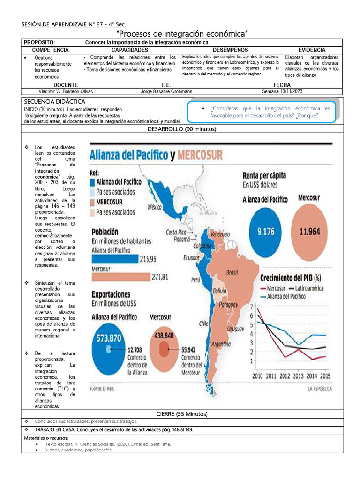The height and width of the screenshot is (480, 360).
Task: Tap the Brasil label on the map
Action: pyautogui.click(x=232, y=272)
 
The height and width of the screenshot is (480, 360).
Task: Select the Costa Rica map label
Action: pyautogui.click(x=176, y=232)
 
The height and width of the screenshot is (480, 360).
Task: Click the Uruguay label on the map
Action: pyautogui.click(x=235, y=329)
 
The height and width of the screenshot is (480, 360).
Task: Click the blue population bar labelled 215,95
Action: pyautogui.click(x=115, y=258)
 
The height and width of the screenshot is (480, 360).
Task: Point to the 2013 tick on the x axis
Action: pyautogui.click(x=299, y=376)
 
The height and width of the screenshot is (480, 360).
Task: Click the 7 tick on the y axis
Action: pyautogui.click(x=252, y=307)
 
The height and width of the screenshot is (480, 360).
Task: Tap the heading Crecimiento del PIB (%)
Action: pyautogui.click(x=291, y=277)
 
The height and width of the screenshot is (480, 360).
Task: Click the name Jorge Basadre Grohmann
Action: pyautogui.click(x=166, y=91)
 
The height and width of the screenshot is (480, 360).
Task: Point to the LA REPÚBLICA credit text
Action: pyautogui.click(x=320, y=389)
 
